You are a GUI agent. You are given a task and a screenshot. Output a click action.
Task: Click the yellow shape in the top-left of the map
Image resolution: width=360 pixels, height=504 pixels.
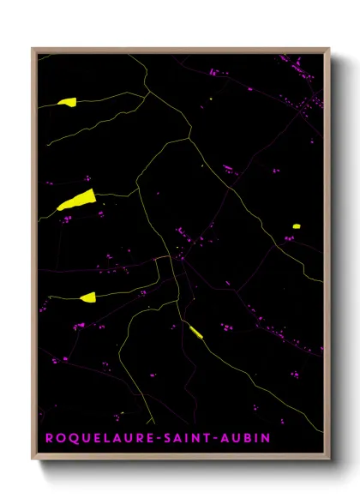coord(67,102)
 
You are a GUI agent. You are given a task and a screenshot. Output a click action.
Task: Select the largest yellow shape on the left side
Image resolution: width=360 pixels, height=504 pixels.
coord(75,201)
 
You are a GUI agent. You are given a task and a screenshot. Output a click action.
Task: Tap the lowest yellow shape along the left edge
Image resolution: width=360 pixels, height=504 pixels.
coord(87,297)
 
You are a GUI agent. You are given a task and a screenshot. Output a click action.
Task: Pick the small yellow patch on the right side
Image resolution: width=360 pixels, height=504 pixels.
coord(296,226)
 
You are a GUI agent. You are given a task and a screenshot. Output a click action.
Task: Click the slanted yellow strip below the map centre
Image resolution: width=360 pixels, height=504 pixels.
coord(195,332)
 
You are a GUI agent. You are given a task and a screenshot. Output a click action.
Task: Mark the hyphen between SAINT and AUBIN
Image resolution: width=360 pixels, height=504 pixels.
coord(221,438)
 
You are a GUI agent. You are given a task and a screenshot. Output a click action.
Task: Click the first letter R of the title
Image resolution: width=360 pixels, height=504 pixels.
coord(48,438)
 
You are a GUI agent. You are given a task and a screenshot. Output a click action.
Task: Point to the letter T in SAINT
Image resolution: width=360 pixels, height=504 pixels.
coord(211,438)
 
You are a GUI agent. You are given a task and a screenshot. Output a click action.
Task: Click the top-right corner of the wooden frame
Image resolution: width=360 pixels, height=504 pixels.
coord(328,50)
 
